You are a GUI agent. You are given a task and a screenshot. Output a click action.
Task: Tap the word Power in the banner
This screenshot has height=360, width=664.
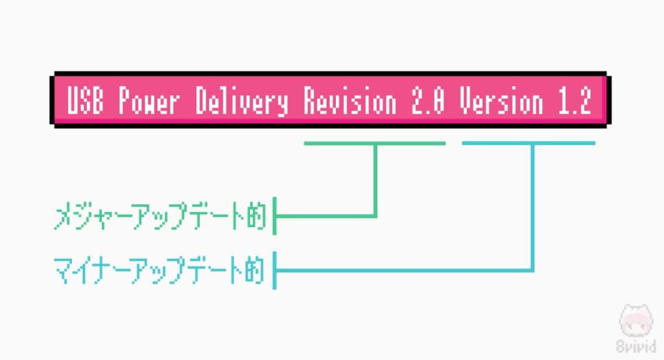147,102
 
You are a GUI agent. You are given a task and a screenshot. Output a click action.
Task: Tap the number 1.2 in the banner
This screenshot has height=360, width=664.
573,102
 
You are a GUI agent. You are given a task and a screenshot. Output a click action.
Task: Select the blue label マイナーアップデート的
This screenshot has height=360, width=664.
160,270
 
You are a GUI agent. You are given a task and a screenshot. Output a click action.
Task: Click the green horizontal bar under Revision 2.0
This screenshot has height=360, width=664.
375,143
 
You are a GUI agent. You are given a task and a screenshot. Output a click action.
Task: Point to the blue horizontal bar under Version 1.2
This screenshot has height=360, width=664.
528,143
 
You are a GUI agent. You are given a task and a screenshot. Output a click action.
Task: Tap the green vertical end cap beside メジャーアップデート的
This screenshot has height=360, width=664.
275,216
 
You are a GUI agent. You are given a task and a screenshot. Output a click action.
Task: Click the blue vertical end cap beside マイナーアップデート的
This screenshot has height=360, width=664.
275,270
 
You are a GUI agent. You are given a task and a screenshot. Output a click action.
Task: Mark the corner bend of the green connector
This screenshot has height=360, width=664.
375,215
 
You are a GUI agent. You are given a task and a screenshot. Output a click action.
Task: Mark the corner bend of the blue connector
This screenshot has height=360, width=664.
532,269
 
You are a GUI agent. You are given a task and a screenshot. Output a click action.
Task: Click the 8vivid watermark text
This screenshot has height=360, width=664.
633,347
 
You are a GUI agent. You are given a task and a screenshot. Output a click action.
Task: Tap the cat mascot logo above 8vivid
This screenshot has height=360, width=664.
633,322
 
